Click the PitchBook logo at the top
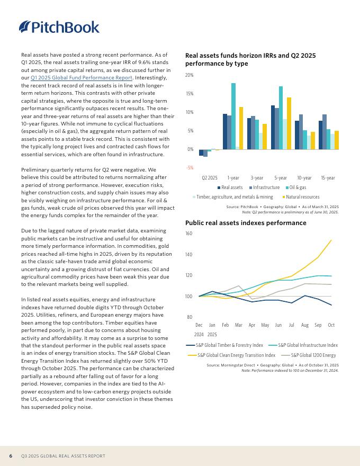pos(59,26)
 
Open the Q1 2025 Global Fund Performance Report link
pos(82,77)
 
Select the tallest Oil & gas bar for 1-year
pos(233,116)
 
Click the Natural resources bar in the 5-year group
pos(289,123)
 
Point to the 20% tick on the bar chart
pos(189,75)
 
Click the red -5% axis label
pos(190,168)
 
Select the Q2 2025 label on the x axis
pos(210,178)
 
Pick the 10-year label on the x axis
pos(304,178)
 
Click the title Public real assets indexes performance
pos(246,223)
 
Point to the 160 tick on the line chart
pos(189,234)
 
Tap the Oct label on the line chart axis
pos(331,325)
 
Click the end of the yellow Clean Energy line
pos(331,240)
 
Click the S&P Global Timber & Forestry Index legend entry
pos(226,345)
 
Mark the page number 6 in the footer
pos(11,456)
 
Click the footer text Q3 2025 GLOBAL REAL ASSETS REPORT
pos(63,456)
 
